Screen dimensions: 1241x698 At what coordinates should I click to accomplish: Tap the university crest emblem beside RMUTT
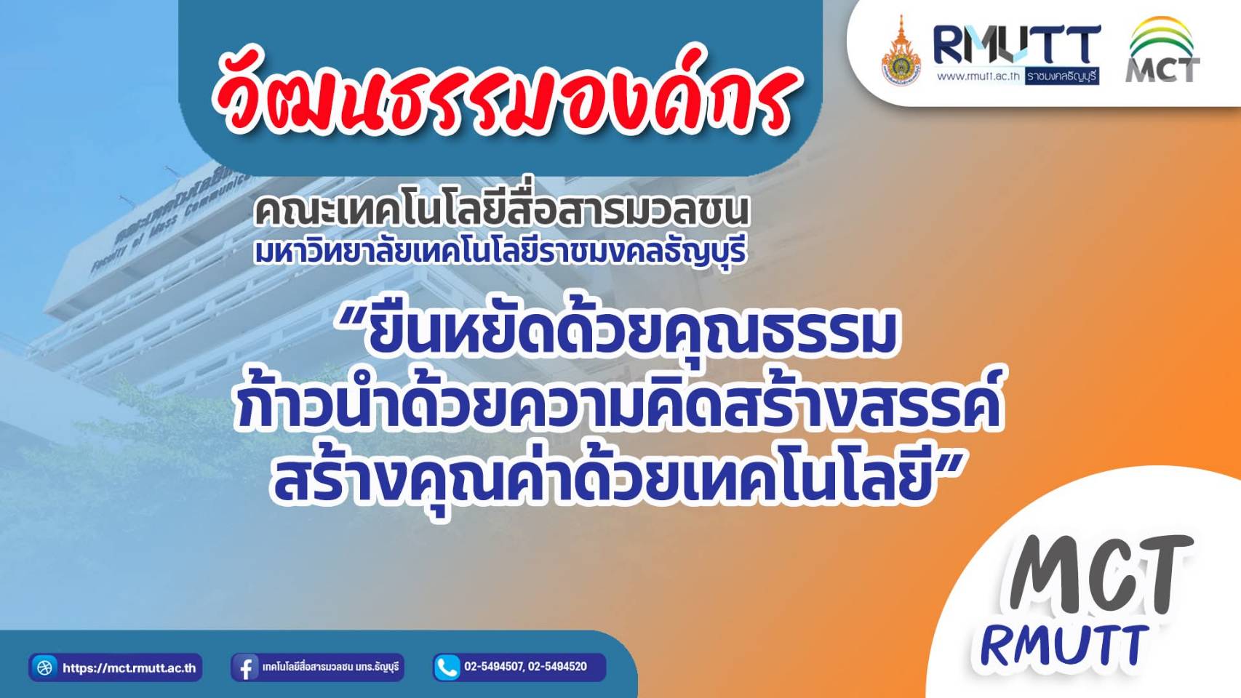(x=901, y=52)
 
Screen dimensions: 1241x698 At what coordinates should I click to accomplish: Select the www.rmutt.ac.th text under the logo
(x=978, y=77)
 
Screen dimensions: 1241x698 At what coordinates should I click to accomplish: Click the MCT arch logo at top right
(x=1163, y=50)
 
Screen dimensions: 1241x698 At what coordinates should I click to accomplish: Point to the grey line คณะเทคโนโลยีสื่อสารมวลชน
(x=501, y=212)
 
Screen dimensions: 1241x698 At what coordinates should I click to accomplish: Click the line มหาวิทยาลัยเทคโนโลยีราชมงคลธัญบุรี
(x=501, y=253)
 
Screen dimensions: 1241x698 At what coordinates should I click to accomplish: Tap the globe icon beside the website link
(x=44, y=667)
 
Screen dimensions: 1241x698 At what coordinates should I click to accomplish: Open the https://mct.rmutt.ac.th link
(x=129, y=668)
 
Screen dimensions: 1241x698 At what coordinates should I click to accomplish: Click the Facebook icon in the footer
(x=245, y=667)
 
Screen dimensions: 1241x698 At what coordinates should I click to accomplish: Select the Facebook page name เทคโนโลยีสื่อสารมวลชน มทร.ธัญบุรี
(x=331, y=667)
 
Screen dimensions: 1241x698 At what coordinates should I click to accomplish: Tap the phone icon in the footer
(x=447, y=667)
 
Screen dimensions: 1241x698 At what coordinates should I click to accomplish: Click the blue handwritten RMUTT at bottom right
(x=1066, y=646)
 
